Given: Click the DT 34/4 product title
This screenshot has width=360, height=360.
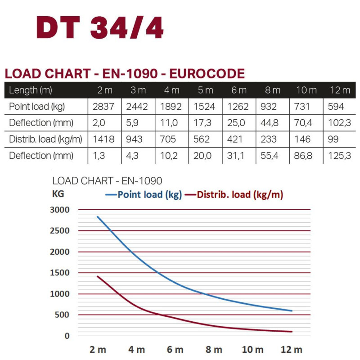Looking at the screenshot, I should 100,28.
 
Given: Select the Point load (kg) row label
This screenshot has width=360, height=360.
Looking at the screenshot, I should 37,107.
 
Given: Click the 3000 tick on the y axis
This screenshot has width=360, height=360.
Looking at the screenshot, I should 60,210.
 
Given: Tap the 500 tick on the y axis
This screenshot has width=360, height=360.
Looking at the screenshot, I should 63,315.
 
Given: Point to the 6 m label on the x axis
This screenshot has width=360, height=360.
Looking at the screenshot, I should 175,350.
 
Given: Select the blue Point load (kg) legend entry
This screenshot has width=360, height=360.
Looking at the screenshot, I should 144,195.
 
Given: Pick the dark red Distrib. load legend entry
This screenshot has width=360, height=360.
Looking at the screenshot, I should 234,195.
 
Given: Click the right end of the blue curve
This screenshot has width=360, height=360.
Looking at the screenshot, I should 292,310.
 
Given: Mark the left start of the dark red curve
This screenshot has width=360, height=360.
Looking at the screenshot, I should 97,276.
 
